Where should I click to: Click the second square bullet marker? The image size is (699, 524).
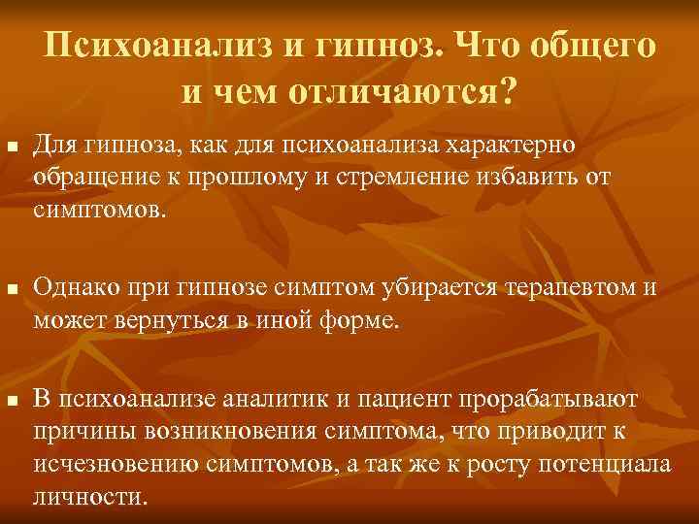tap(11, 288)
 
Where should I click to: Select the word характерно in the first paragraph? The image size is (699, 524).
tap(511, 145)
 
